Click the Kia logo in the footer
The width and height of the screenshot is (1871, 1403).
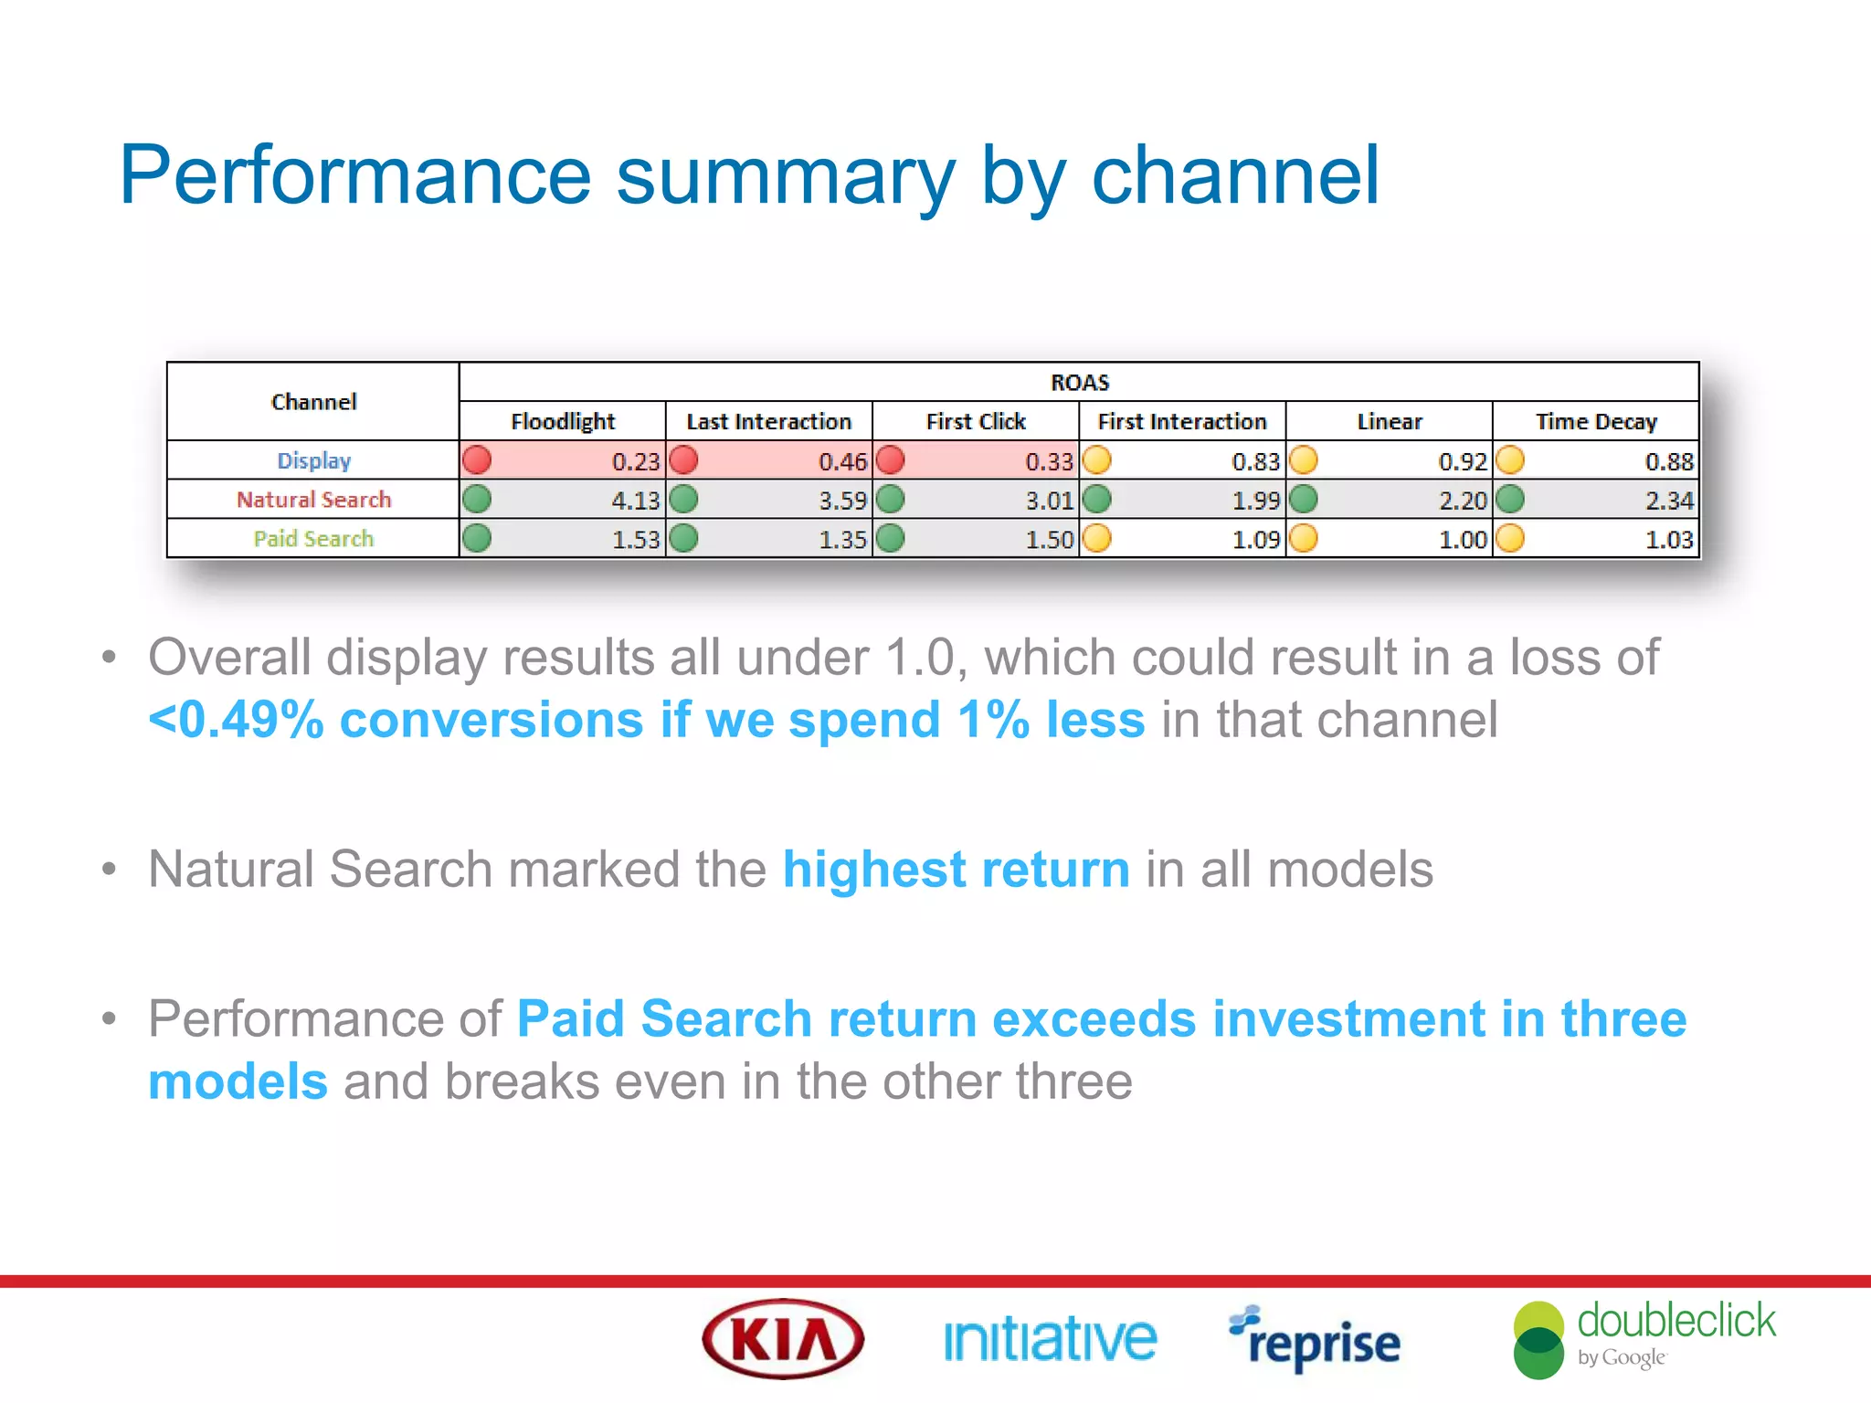[x=783, y=1339]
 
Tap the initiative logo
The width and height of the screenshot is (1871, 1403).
[x=1050, y=1340]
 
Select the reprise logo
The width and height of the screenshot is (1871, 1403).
[x=1315, y=1340]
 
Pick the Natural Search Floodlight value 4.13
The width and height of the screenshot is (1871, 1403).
[x=635, y=501]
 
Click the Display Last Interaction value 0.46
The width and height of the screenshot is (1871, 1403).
[x=841, y=461]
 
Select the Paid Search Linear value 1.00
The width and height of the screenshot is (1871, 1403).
[x=1462, y=540]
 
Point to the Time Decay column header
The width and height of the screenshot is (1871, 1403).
[x=1595, y=421]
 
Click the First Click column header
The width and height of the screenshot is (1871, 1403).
[x=975, y=421]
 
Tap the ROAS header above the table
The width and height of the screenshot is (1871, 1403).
[x=1079, y=382]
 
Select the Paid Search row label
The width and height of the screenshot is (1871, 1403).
[x=313, y=539]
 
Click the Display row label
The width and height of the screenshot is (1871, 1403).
[x=313, y=460]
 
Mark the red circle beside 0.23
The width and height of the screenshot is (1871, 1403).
[x=477, y=459]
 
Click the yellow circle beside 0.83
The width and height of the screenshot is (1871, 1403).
[x=1096, y=459]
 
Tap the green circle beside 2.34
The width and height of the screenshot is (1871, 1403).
[x=1510, y=499]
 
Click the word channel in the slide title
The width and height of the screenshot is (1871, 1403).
[x=1235, y=175]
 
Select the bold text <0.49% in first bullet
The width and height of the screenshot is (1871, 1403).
[x=236, y=720]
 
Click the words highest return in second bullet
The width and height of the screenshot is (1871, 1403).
[x=956, y=869]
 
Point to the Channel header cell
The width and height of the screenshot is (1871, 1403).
[x=313, y=402]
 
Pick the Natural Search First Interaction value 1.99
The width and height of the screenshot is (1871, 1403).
[x=1255, y=501]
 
